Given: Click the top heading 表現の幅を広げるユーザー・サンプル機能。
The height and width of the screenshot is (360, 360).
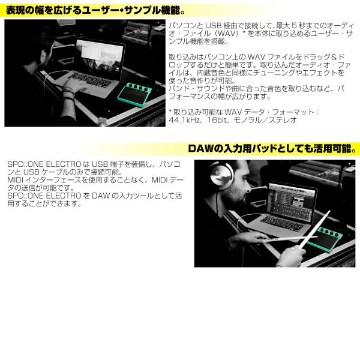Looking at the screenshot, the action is coord(95,11).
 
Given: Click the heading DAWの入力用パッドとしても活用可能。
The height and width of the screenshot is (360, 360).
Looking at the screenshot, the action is coord(272,149).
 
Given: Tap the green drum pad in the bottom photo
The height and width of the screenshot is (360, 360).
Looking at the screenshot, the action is coord(324,239).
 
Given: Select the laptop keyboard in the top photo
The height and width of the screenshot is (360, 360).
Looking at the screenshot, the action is coord(91,79).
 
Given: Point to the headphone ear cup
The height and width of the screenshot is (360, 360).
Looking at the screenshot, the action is coord(221,176).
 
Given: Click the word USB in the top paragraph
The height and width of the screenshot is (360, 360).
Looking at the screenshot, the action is coord(213,25).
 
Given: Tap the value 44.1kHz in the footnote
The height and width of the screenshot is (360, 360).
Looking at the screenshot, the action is coord(184,120).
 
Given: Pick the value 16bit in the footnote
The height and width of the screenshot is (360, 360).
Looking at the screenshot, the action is coord(217,120).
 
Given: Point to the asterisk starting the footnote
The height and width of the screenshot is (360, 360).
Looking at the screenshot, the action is coord(170,112).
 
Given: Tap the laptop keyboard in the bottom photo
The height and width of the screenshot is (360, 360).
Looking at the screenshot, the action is coord(282,223).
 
